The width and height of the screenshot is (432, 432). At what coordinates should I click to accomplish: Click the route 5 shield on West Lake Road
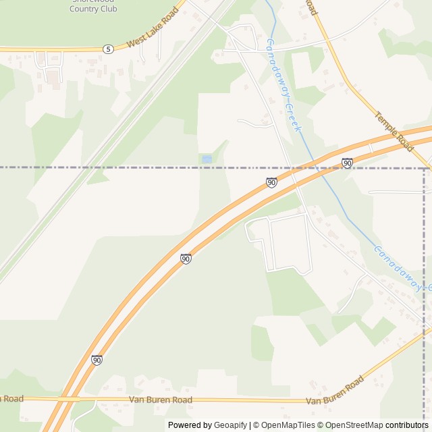108,49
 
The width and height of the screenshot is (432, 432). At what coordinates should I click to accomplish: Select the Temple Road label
394,131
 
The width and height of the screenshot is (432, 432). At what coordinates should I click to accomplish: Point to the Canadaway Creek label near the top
283,85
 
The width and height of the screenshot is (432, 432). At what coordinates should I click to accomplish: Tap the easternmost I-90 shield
347,163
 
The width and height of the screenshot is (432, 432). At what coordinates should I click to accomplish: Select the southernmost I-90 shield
97,360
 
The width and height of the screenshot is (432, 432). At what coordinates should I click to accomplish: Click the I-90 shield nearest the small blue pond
271,182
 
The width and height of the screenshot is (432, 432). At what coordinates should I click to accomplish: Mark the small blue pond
207,159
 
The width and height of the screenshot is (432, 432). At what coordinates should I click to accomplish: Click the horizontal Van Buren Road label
160,400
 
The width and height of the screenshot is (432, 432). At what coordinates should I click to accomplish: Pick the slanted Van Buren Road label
335,391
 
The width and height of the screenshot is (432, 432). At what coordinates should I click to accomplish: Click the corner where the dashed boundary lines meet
425,167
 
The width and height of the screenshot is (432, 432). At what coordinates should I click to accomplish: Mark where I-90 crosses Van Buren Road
67,400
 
